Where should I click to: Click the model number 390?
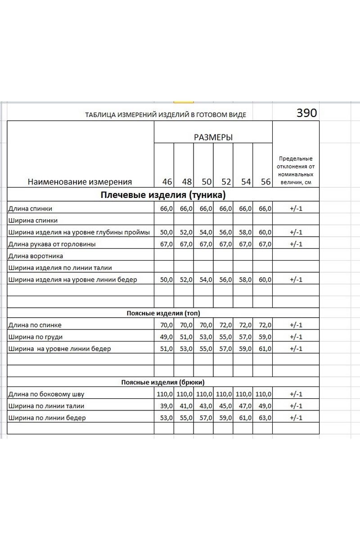(x=306, y=113)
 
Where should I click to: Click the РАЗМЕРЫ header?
(x=213, y=138)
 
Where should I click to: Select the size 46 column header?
(x=167, y=182)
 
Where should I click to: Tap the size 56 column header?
(x=265, y=182)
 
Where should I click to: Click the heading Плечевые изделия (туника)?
(x=163, y=195)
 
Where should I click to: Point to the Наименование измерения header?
(x=80, y=182)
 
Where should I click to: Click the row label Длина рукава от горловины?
(x=52, y=244)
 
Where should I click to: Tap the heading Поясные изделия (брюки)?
(x=163, y=382)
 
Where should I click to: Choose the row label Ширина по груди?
(x=35, y=337)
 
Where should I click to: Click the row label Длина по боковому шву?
(x=46, y=394)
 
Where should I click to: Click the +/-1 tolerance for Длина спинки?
(x=296, y=208)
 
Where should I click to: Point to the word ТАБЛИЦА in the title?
(x=100, y=115)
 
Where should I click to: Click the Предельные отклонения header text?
(x=296, y=158)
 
